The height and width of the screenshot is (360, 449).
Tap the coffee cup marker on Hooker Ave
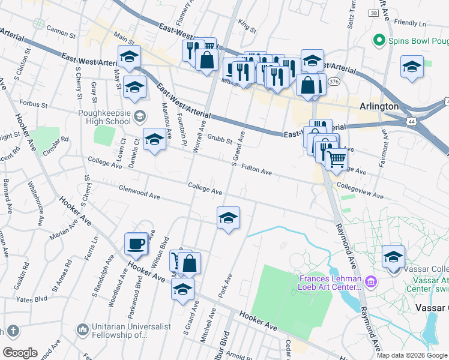tap(136, 244)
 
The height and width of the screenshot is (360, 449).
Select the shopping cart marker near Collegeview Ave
tap(336, 159)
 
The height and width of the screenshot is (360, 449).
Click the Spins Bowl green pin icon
tap(379, 41)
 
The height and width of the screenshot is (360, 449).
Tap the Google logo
tap(20, 353)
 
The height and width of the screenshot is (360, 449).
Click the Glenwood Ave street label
tap(139, 194)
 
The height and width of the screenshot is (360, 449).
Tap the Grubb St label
tap(220, 140)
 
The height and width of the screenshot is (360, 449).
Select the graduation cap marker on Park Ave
tap(228, 218)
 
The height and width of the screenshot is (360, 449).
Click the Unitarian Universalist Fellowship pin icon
tap(83, 329)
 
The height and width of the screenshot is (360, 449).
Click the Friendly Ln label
tap(410, 23)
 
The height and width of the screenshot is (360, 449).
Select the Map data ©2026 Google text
tap(412, 355)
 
